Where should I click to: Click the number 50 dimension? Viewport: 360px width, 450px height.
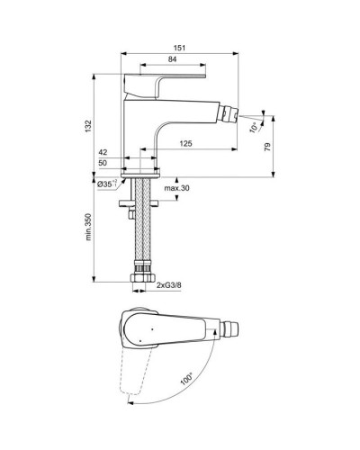click(x=103, y=164)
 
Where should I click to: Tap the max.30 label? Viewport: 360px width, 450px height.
click(x=176, y=188)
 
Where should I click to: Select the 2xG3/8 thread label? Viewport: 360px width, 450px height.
click(x=168, y=286)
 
